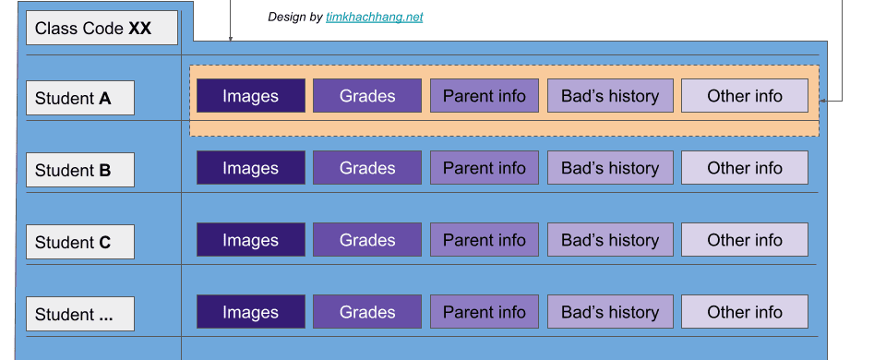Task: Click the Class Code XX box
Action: click(x=102, y=29)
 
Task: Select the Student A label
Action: click(x=80, y=98)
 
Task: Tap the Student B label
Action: click(x=80, y=170)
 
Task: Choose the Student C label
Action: click(x=80, y=242)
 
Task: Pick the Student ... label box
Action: click(x=80, y=314)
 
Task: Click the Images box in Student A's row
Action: click(x=250, y=96)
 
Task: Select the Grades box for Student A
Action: click(x=366, y=96)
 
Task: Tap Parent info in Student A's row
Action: click(x=484, y=96)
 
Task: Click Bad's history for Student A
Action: click(x=609, y=96)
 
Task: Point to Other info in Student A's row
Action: click(x=744, y=96)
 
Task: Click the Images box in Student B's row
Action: click(x=250, y=168)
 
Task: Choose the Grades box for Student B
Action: click(x=366, y=168)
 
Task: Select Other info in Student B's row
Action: click(x=744, y=168)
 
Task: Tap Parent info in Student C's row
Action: click(x=484, y=240)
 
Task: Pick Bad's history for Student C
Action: click(x=609, y=240)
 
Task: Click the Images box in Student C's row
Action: click(x=250, y=240)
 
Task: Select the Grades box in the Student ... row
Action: click(x=366, y=312)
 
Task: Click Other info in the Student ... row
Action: click(x=744, y=312)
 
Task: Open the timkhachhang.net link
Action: click(x=374, y=18)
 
